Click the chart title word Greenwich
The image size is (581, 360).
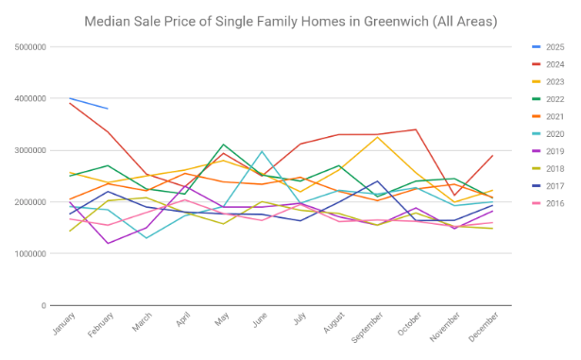[x=396, y=22]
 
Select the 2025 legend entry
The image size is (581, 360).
[x=548, y=47]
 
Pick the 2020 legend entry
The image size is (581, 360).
[x=548, y=134]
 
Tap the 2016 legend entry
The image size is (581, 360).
[x=548, y=203]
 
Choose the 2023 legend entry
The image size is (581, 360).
[x=548, y=81]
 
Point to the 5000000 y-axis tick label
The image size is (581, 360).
[x=30, y=47]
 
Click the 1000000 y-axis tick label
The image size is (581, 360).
[x=30, y=254]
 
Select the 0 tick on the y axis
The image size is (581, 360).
[x=44, y=305]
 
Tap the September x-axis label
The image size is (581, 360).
[x=367, y=327]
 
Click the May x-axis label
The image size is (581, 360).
[x=222, y=319]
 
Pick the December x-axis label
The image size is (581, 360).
[x=483, y=327]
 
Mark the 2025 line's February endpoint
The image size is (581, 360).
[x=108, y=109]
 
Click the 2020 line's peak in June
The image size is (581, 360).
[x=262, y=151]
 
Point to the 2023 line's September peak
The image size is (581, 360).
[x=378, y=137]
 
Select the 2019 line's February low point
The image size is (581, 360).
[x=108, y=243]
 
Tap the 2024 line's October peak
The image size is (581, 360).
[x=416, y=129]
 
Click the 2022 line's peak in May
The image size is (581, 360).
[x=224, y=145]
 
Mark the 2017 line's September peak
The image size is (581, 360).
[x=378, y=180]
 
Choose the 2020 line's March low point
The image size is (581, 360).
[x=146, y=238]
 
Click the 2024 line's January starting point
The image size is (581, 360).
[x=69, y=103]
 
